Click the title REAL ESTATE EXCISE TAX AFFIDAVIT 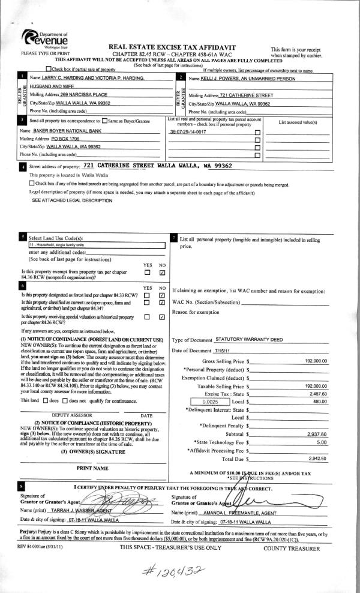172,47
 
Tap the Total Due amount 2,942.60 316,459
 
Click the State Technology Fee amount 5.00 322,442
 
